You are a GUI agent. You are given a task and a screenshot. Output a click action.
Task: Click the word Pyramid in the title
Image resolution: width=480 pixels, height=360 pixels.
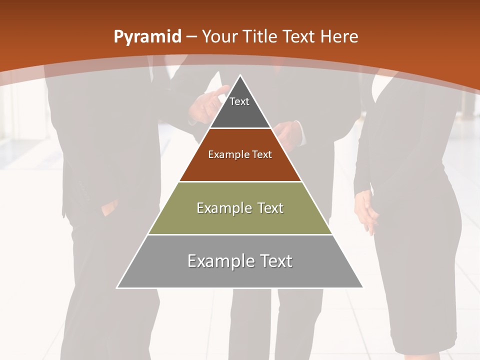[147, 37]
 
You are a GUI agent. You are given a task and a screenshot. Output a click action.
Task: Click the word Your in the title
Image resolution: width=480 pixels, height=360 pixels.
[219, 37]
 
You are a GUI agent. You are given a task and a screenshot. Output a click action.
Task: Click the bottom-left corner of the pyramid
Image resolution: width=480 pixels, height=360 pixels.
[117, 287]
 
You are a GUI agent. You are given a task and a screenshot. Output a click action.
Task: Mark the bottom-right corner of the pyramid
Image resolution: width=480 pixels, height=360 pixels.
[363, 287]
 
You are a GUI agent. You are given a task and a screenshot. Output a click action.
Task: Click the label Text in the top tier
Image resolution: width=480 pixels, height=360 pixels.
[239, 101]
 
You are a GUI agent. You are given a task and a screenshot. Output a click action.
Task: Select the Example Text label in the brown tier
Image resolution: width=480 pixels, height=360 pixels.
[240, 154]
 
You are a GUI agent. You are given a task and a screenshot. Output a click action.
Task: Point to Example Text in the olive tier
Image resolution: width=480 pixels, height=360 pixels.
[240, 208]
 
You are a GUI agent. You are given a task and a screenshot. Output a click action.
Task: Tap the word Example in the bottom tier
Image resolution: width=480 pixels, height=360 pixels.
[218, 261]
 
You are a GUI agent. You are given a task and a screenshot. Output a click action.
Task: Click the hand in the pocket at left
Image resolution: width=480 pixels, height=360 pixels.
[109, 207]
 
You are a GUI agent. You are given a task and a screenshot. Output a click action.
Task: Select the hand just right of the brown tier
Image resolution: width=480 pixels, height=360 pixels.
[290, 132]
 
